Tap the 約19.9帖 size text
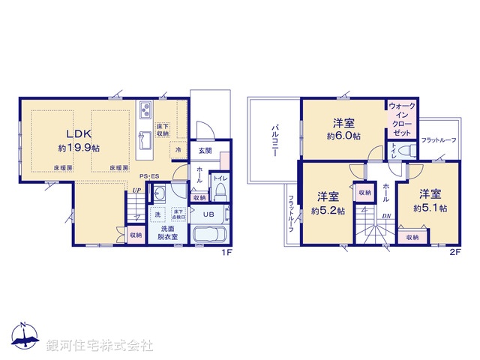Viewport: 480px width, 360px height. click(79, 148)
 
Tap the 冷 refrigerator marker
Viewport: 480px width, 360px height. click(178, 150)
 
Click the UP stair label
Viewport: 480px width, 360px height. click(136, 190)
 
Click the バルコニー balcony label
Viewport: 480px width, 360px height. click(275, 140)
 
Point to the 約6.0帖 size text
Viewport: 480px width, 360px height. click(343, 136)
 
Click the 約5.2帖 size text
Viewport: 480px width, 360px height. click(327, 211)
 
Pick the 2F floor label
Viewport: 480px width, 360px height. click(455, 253)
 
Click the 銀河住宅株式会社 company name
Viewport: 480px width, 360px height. click(100, 346)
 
